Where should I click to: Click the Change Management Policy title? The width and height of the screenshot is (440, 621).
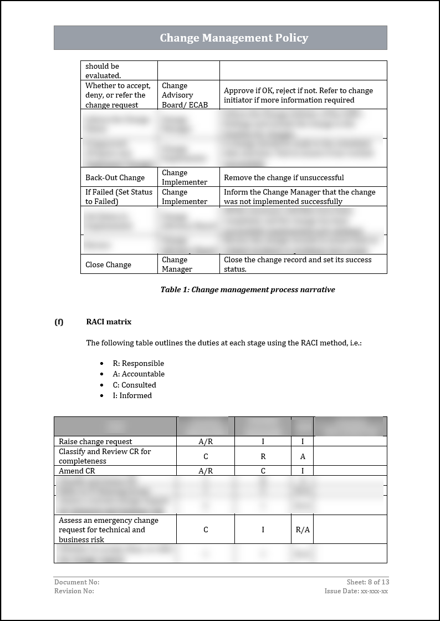click(234, 38)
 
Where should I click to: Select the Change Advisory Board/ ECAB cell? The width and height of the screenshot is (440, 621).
click(185, 95)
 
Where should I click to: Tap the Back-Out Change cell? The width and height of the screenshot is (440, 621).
click(115, 177)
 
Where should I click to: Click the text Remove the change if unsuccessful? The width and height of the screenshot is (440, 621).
click(284, 177)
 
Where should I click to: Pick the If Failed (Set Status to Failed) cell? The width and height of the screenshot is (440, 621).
click(119, 197)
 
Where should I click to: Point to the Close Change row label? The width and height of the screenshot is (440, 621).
click(108, 264)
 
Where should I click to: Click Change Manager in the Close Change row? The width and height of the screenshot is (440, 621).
click(177, 264)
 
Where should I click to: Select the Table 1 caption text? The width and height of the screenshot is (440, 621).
click(247, 289)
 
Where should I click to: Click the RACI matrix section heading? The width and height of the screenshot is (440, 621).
click(109, 322)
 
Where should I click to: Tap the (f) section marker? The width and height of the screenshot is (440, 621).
click(59, 322)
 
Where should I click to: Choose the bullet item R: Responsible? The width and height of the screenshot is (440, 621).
click(138, 363)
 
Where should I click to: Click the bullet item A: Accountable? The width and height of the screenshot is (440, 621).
click(139, 374)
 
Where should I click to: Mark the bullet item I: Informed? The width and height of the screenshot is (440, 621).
click(132, 395)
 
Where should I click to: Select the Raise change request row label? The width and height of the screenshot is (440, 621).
click(95, 441)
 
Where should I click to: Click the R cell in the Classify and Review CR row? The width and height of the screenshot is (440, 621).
click(263, 456)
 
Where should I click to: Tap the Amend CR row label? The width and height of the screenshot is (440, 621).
click(77, 471)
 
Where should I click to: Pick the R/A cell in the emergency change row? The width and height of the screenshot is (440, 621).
click(303, 530)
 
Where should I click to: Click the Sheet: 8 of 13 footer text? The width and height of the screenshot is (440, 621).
click(367, 582)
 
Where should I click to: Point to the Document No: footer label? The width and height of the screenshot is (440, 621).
click(76, 582)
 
